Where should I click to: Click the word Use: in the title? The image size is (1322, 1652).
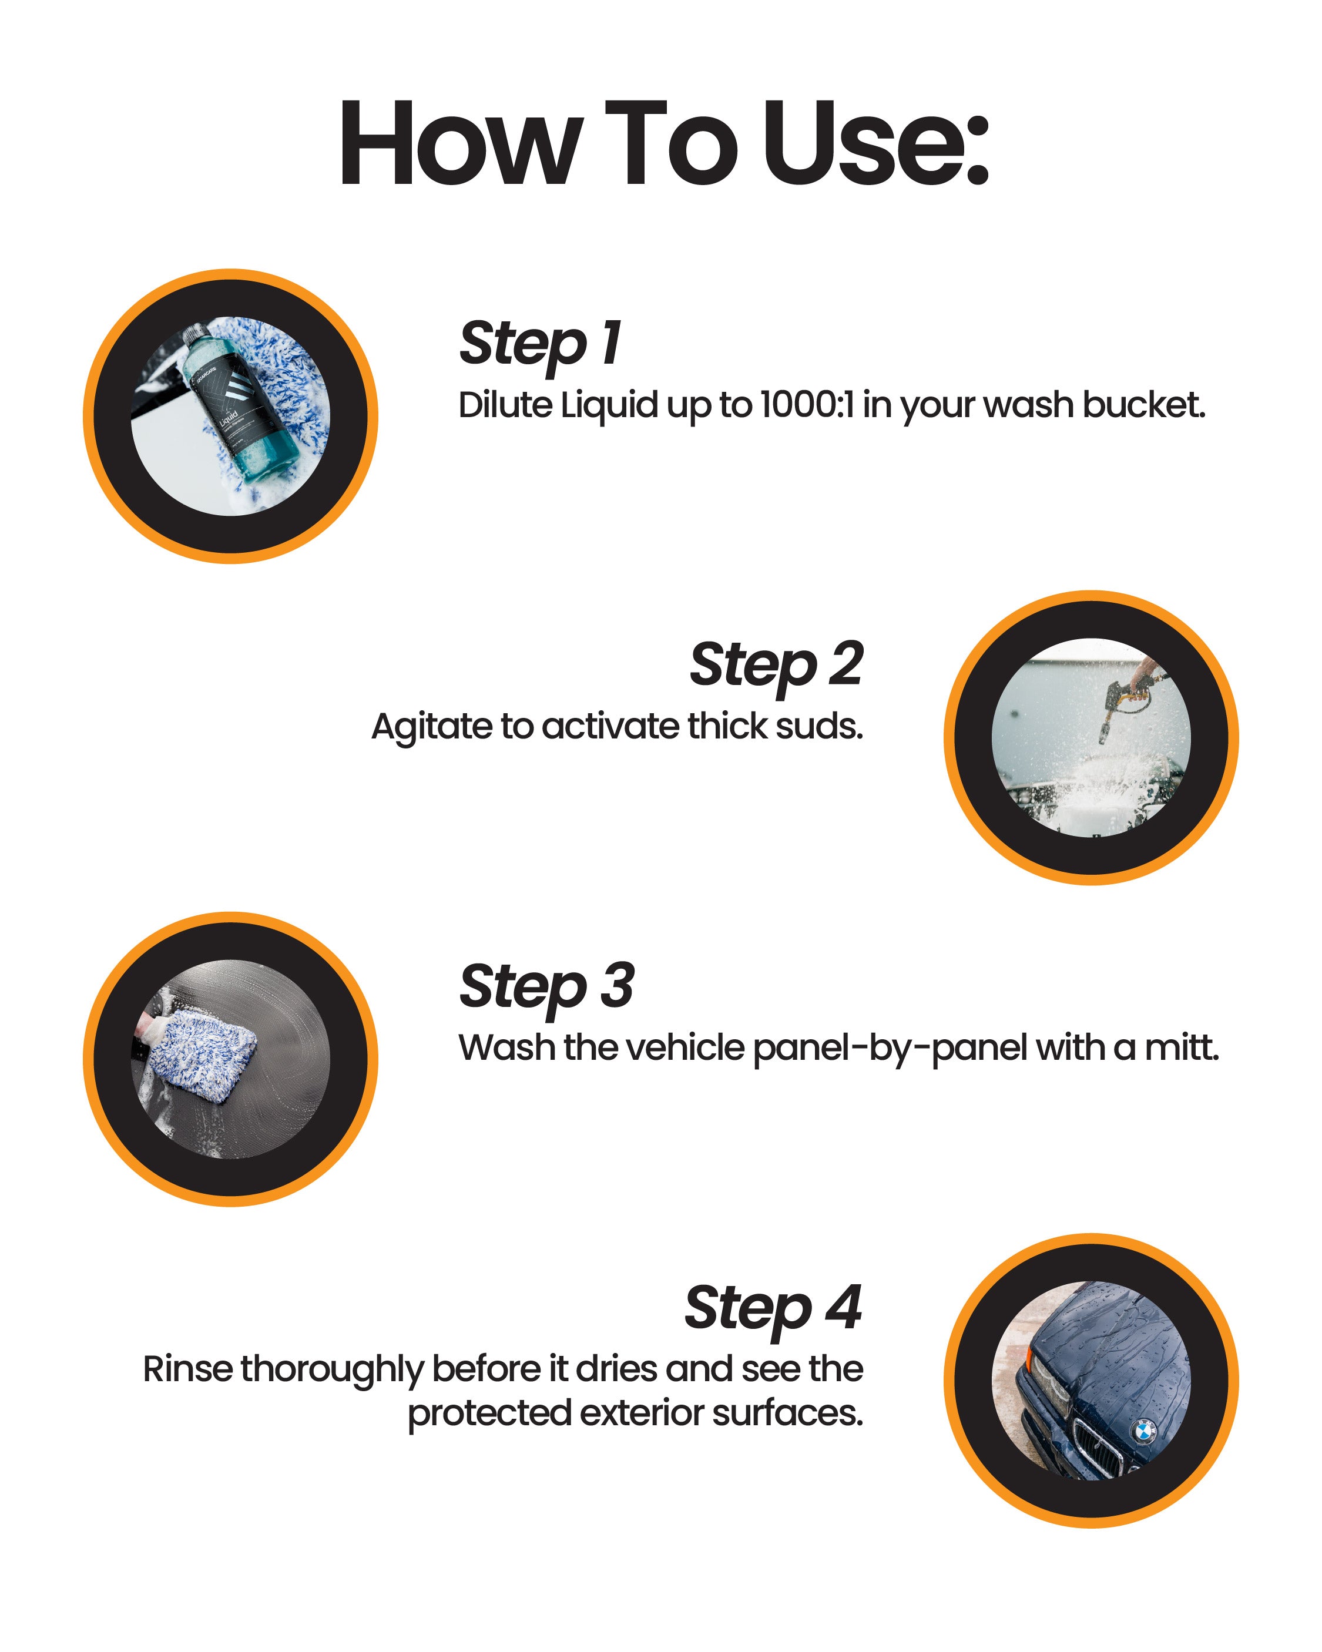(875, 143)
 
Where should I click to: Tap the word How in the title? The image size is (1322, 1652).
(457, 143)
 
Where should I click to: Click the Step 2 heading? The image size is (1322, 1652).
(776, 665)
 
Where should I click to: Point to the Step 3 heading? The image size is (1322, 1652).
(546, 987)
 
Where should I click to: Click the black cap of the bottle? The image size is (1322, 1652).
(196, 335)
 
